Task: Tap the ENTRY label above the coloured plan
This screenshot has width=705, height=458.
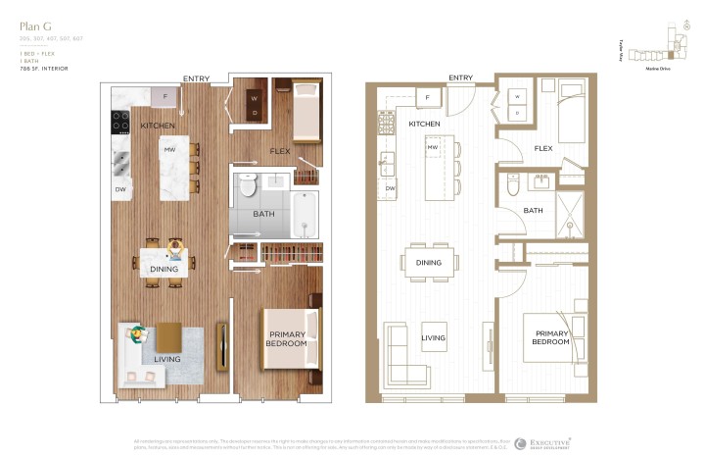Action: [196, 78]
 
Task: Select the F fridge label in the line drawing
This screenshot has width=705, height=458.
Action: [428, 97]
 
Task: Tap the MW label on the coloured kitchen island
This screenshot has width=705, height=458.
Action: [169, 150]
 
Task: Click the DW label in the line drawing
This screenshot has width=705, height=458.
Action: [389, 188]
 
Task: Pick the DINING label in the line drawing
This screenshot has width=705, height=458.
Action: [429, 263]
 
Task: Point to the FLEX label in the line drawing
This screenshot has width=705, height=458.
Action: [544, 149]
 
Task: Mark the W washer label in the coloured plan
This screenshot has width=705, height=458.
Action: [255, 98]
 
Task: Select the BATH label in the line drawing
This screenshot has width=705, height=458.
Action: [533, 211]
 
